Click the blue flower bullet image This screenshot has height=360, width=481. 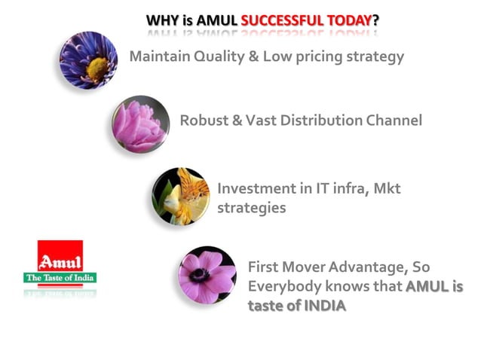pos(88,60)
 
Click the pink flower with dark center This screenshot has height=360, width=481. pos(207,274)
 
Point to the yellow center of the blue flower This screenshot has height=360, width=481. pos(97,69)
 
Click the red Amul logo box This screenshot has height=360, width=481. pos(60,257)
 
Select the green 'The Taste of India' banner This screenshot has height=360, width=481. pos(60,278)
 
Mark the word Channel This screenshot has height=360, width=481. pos(395,121)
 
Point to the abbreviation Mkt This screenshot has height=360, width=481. pos(385,188)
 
